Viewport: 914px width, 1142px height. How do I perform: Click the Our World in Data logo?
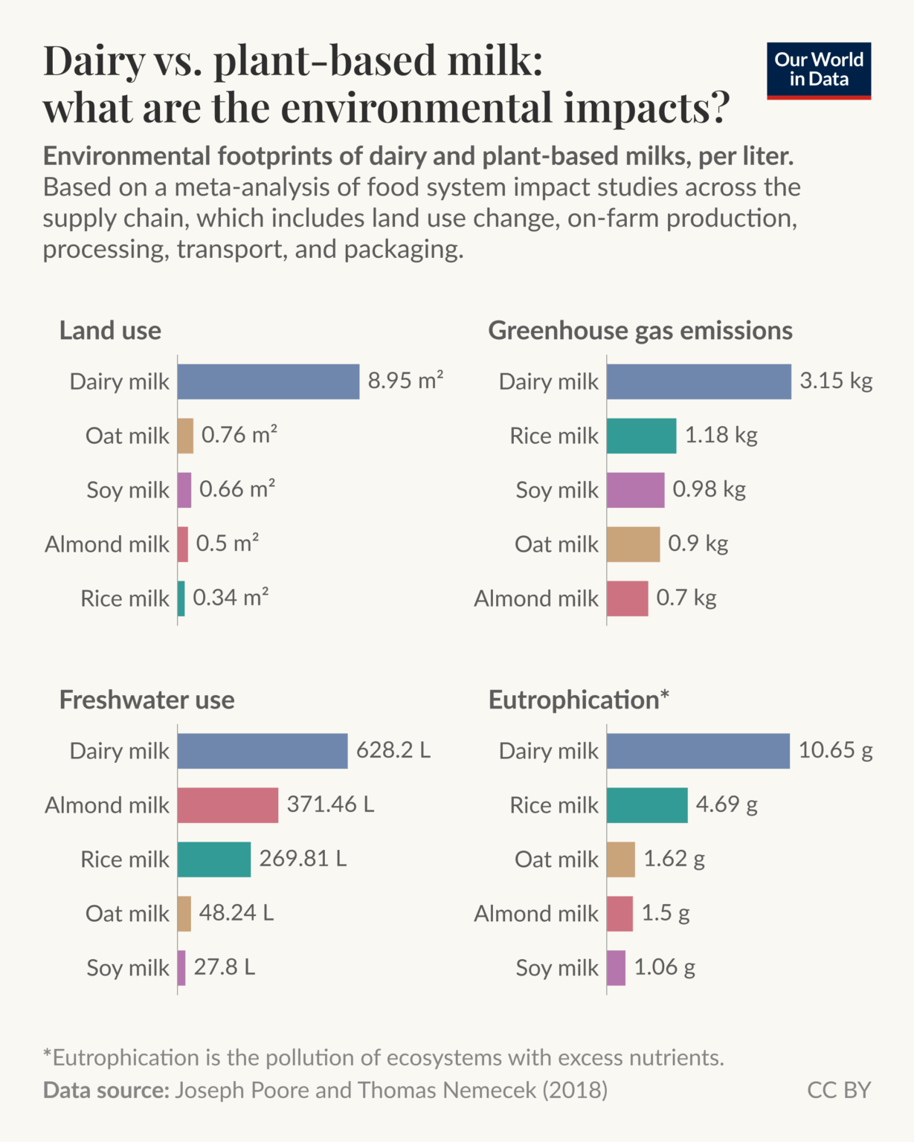point(818,71)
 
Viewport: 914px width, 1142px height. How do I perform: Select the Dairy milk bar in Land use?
point(268,381)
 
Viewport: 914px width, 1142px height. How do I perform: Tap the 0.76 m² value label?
point(239,435)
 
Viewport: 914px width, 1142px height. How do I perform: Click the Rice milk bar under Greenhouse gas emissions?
point(641,436)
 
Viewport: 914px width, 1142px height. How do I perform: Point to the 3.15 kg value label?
point(835,381)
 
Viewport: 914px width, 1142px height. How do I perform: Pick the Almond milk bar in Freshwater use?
point(228,805)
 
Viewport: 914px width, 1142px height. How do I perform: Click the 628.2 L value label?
point(393,750)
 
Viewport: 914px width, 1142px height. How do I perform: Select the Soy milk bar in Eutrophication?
point(616,968)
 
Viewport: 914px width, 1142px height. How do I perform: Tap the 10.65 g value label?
point(835,750)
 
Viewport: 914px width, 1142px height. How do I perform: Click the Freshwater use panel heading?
point(147,700)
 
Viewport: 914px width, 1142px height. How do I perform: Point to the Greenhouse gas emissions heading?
point(640,330)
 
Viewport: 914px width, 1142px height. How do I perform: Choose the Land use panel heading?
point(110,330)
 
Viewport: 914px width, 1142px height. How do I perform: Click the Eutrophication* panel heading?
point(579,700)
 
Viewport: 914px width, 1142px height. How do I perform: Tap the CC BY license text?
point(838,1090)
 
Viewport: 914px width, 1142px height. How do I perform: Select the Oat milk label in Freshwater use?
point(127,914)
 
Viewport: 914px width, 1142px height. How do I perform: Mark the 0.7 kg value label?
point(686,598)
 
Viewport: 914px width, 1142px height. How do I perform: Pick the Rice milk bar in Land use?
point(181,599)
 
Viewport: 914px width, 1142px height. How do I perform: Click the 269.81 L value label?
point(302,859)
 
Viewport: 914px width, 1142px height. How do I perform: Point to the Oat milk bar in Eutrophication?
point(620,859)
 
